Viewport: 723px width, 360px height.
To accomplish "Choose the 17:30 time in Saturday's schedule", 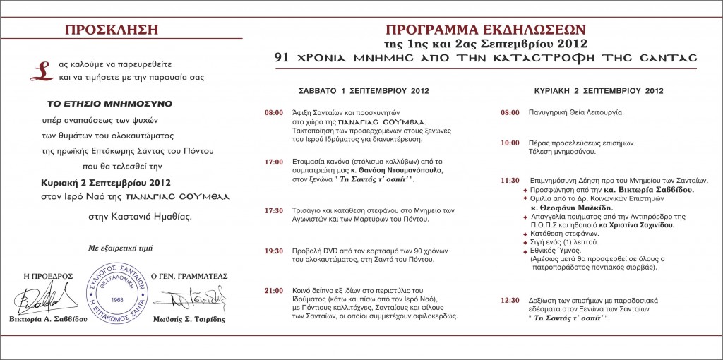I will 274,210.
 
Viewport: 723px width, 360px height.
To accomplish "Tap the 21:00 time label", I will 274,290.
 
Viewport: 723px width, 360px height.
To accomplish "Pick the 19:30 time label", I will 274,251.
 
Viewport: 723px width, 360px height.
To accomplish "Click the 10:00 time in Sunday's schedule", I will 510,143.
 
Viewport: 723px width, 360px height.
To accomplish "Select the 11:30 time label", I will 510,181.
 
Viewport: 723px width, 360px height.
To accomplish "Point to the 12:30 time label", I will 510,300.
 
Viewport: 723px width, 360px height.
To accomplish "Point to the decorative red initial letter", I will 43,68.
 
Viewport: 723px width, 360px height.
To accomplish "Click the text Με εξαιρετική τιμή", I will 121,247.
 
